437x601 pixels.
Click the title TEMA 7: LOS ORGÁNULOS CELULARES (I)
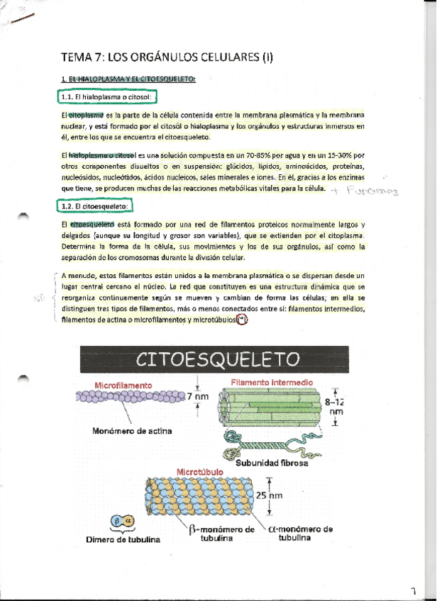[167, 57]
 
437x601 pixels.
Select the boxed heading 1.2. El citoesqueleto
[94, 206]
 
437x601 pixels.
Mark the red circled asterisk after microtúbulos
[243, 320]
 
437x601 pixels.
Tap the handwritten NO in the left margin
[39, 300]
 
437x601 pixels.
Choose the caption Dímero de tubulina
[123, 539]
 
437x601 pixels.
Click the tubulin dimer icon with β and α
[122, 522]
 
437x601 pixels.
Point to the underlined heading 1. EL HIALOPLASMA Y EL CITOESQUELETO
[128, 79]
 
